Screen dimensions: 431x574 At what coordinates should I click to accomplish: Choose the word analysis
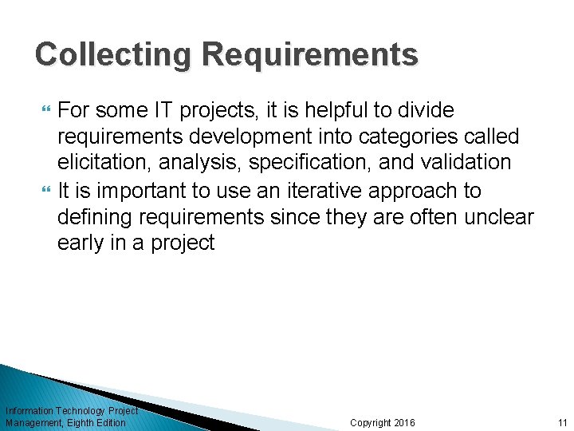[196, 163]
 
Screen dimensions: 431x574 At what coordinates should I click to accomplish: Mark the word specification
[310, 163]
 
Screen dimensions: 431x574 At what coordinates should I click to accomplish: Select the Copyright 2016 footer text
[383, 422]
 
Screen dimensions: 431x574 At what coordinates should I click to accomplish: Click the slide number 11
[562, 422]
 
